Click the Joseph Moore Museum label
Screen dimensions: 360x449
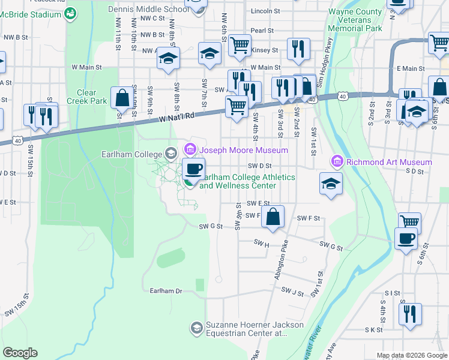pyautogui.click(x=243, y=150)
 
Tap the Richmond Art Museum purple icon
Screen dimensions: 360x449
pyautogui.click(x=337, y=162)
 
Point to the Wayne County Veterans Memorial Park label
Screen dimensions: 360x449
pyautogui.click(x=355, y=20)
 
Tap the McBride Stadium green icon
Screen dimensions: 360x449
pyautogui.click(x=70, y=12)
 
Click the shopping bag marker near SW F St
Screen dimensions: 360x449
pyautogui.click(x=273, y=218)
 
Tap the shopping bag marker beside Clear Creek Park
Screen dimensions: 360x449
pyautogui.click(x=121, y=98)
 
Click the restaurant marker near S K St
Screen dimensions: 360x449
pyautogui.click(x=410, y=314)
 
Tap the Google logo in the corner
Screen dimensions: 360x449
pyautogui.click(x=20, y=353)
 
